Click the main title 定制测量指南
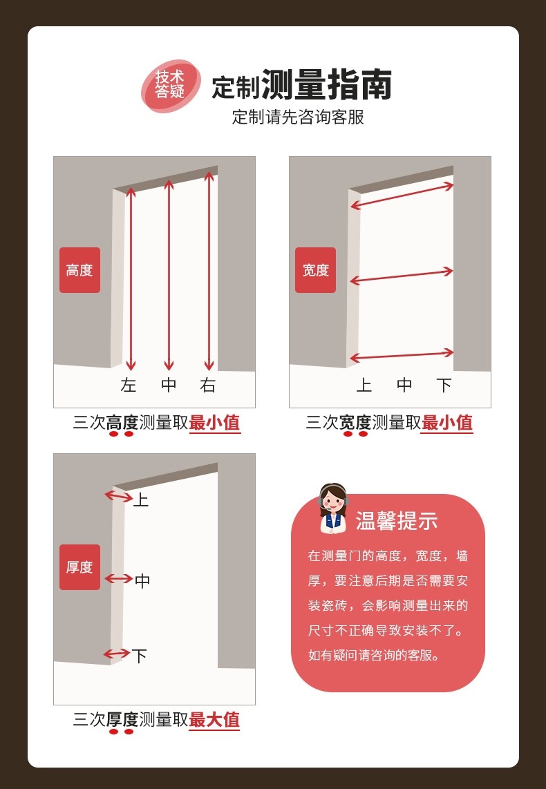coord(302,86)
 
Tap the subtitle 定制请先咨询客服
coord(298,117)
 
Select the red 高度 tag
coord(79,270)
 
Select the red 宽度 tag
coord(315,270)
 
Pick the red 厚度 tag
coord(79,567)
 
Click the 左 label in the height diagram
coord(129,386)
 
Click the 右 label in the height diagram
coord(208,386)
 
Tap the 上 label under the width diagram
coord(364,386)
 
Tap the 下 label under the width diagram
coord(444,386)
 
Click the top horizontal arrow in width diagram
coord(402,196)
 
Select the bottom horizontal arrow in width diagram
coord(402,355)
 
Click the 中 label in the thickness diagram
coord(142,581)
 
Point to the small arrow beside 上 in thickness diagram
coord(115,495)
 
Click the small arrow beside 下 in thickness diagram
coord(116,654)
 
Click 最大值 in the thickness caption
coord(215,720)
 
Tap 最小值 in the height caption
coord(215,423)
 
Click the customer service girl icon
coord(334,508)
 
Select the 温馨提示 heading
coord(397,522)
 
